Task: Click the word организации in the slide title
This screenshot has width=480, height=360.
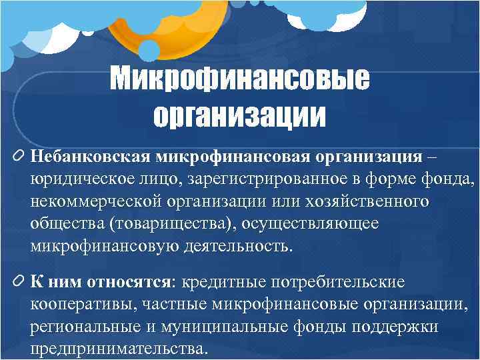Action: click(x=240, y=116)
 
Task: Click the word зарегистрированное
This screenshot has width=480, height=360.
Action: click(x=260, y=179)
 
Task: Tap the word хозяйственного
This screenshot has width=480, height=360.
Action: click(x=374, y=201)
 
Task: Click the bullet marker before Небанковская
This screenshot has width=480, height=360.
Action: click(x=17, y=157)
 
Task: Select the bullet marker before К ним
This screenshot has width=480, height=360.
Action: click(x=17, y=281)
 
